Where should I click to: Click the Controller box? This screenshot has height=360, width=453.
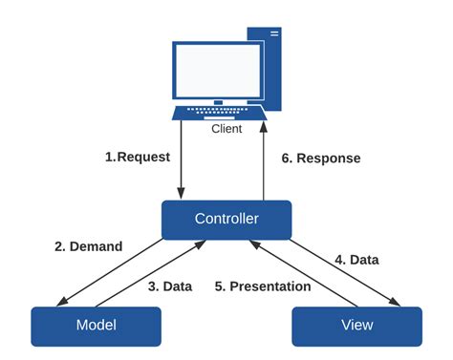point(226,219)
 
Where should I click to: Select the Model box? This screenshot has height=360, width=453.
point(96,325)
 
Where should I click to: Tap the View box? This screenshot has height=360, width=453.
point(356,325)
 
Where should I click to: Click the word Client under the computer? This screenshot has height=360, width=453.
point(226,128)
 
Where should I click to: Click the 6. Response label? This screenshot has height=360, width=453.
point(320,158)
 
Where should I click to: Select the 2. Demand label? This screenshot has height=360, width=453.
point(88,246)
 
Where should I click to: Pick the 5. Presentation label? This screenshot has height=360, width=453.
point(264,286)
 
